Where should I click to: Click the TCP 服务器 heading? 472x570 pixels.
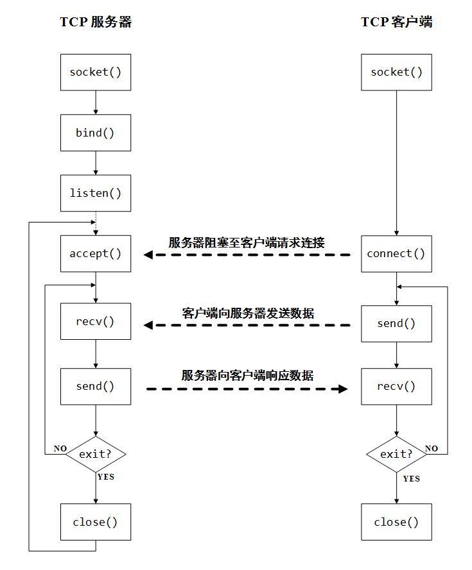click(96, 22)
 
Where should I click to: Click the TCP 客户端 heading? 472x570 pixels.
click(396, 22)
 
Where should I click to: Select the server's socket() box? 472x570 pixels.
click(96, 72)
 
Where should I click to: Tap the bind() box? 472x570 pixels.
click(96, 133)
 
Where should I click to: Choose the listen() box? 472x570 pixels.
click(96, 193)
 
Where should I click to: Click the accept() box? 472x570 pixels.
click(96, 253)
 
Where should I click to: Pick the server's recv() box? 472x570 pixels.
click(96, 321)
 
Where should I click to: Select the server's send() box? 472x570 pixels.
click(96, 386)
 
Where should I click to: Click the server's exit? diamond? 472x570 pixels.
click(96, 454)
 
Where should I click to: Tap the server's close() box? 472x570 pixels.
click(96, 521)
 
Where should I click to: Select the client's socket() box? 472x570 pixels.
click(396, 72)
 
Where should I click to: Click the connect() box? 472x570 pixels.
click(396, 253)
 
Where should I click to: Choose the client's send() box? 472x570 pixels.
click(396, 323)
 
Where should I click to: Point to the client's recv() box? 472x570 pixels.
click(396, 386)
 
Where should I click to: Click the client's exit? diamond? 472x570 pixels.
click(396, 454)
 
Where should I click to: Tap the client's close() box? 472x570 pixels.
click(396, 521)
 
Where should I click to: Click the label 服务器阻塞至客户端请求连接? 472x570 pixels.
click(247, 242)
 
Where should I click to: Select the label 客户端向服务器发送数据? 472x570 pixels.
click(248, 313)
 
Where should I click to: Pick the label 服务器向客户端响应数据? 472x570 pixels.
click(247, 375)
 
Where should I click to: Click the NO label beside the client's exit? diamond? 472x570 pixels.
click(432, 448)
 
